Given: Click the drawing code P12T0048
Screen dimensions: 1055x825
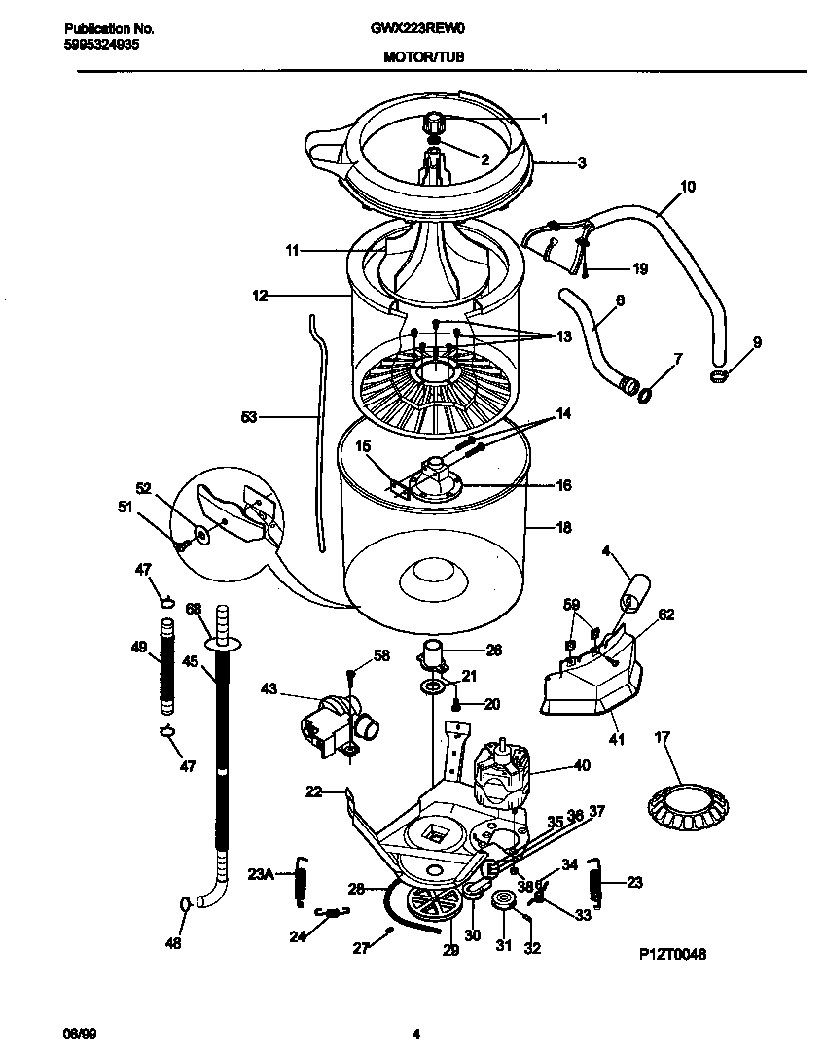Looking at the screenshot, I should coord(672,955).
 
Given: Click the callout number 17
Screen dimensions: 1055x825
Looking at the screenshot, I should coord(664,739).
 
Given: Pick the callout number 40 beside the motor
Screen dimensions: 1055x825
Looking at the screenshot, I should coord(582,766).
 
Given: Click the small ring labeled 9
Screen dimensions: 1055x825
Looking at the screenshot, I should coord(719,376).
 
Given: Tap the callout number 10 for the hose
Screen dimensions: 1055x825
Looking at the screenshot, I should coord(687,187).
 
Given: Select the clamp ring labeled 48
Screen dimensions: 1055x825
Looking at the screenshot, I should coord(185,906).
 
